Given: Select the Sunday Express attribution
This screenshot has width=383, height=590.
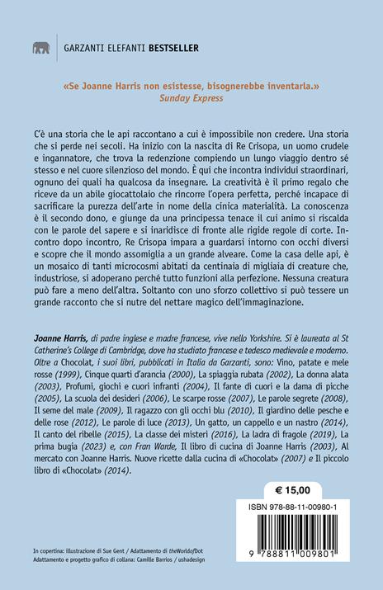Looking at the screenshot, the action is pyautogui.click(x=191, y=97).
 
